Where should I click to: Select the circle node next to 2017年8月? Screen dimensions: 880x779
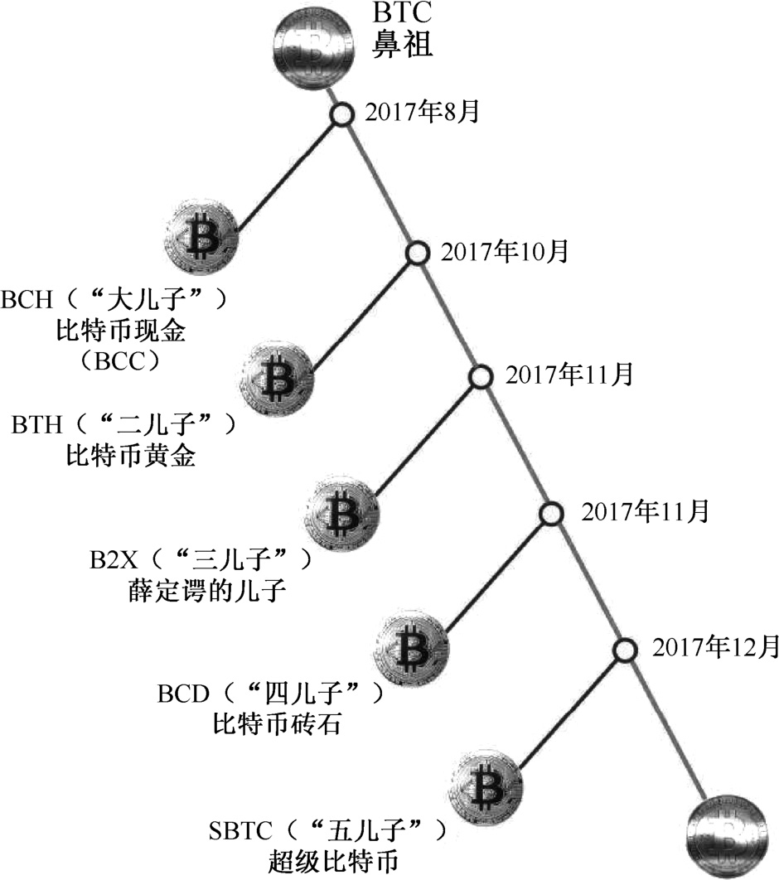(342, 115)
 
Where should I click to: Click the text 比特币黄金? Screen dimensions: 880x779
(130, 456)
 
